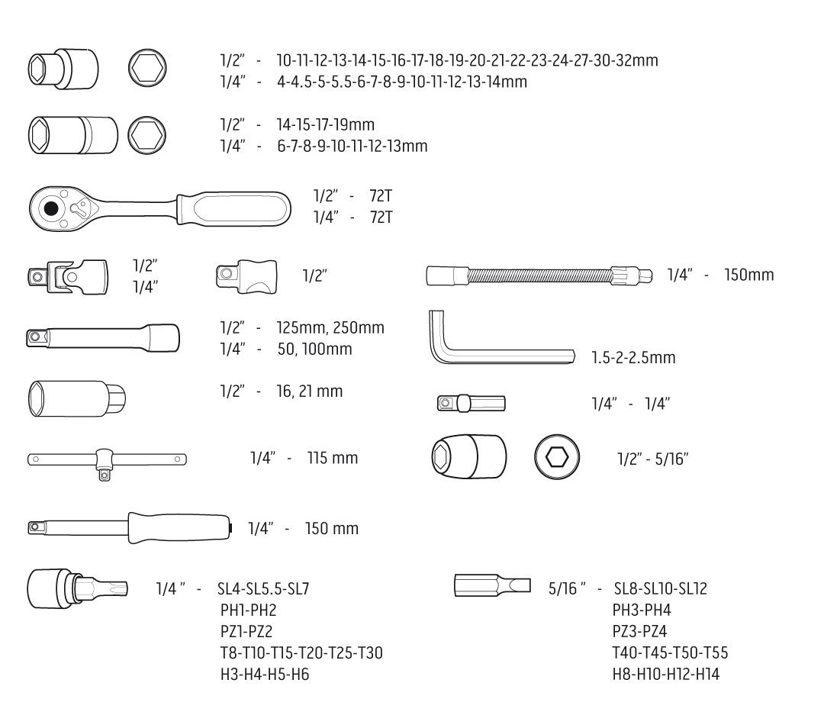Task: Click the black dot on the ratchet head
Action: (x=51, y=208)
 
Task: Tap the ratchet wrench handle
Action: (x=233, y=208)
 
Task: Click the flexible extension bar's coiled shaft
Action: (x=539, y=275)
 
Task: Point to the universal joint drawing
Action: (x=68, y=276)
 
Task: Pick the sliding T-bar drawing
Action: (x=107, y=462)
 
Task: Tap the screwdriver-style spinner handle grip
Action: (x=179, y=528)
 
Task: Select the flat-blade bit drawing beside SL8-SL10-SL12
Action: (x=492, y=585)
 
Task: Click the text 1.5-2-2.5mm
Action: (x=633, y=357)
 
